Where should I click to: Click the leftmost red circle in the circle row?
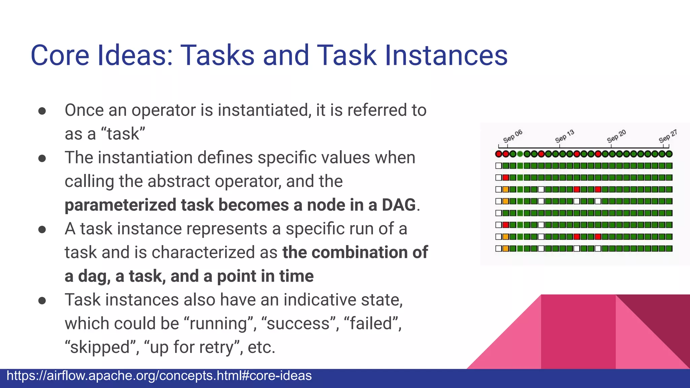pyautogui.click(x=499, y=154)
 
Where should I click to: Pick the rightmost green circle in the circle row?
pyautogui.click(x=669, y=154)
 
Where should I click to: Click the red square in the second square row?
pyautogui.click(x=506, y=177)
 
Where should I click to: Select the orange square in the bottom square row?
pyautogui.click(x=506, y=249)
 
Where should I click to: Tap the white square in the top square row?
pyautogui.click(x=499, y=166)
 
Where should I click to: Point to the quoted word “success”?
pyautogui.click(x=298, y=323)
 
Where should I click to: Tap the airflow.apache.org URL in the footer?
pyautogui.click(x=159, y=376)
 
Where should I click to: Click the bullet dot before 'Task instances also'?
pyautogui.click(x=42, y=300)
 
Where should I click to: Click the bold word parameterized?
pyautogui.click(x=120, y=205)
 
